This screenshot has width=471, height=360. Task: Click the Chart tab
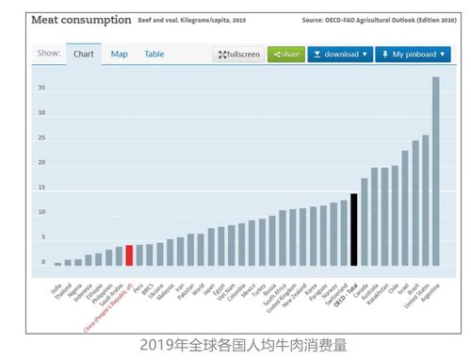tap(84, 54)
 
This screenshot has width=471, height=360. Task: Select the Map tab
tap(120, 54)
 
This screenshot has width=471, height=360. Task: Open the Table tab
tap(154, 54)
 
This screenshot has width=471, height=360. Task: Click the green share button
tap(285, 55)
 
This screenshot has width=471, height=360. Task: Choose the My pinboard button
tap(413, 55)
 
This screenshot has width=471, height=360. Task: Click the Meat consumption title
tap(73, 18)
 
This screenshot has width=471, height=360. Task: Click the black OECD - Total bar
tap(353, 230)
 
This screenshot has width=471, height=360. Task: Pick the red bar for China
tap(129, 255)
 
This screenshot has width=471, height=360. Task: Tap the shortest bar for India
tap(57, 264)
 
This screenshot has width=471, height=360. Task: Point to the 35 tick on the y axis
tap(41, 88)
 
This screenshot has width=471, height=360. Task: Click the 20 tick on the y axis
tap(41, 162)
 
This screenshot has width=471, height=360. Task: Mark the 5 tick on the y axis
tap(42, 237)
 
